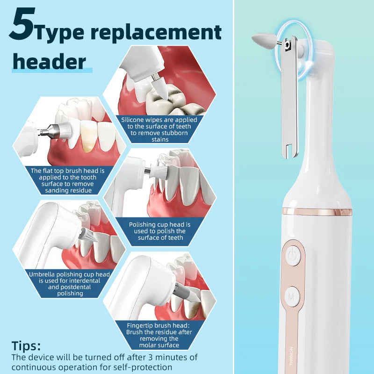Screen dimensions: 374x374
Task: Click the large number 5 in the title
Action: point(22,24)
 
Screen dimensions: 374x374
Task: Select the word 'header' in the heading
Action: point(50,61)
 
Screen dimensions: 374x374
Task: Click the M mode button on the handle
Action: point(292,297)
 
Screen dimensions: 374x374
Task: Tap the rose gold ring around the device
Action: point(317,212)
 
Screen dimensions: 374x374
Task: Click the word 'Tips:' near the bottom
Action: point(26,345)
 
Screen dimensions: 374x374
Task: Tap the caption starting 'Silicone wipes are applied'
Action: point(159,129)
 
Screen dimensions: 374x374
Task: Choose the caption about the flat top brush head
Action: point(68,180)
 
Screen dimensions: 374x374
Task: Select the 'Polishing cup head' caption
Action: point(160,231)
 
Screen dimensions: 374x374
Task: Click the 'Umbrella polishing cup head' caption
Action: point(69,284)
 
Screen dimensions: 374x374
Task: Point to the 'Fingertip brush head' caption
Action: point(159,335)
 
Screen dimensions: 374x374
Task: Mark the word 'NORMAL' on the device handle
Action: point(291,356)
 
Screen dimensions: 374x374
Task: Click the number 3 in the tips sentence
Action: point(151,357)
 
